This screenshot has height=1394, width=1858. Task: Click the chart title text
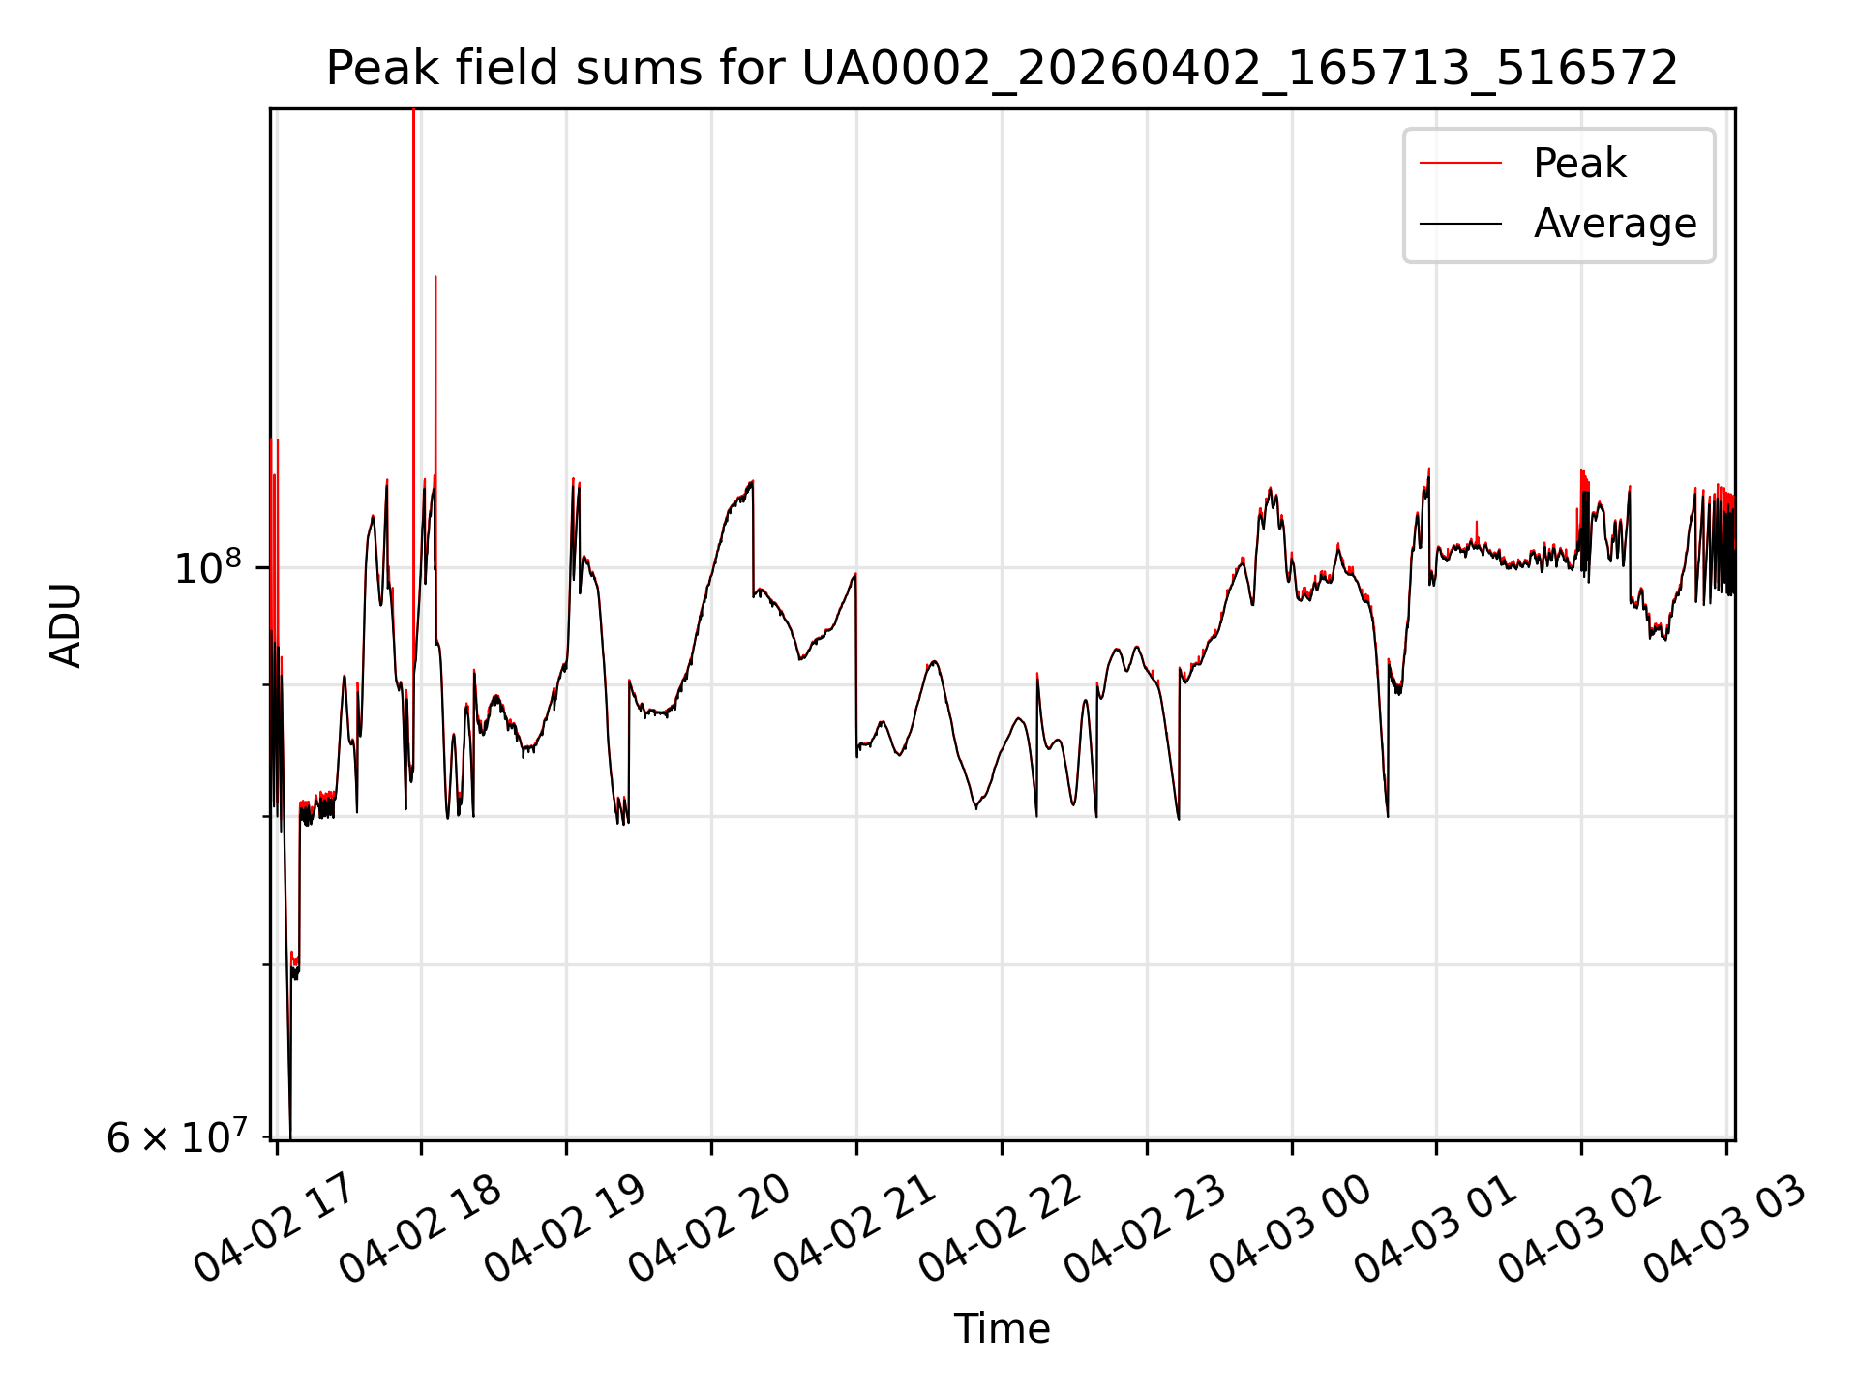click(1002, 69)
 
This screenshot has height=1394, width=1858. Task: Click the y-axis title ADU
click(66, 624)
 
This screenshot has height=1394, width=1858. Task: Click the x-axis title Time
click(1002, 1329)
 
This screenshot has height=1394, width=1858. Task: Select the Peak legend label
click(1579, 164)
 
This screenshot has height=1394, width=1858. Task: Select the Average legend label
click(1614, 224)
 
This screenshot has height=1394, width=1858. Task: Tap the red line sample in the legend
click(1460, 164)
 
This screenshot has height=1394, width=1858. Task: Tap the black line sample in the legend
click(1460, 224)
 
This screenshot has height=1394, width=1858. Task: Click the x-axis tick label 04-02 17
click(275, 1229)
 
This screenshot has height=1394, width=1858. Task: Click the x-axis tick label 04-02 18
click(420, 1229)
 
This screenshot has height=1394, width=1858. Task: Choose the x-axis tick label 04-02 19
click(565, 1229)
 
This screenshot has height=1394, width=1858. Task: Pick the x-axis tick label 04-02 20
click(710, 1229)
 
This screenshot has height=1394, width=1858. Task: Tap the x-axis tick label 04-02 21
click(855, 1229)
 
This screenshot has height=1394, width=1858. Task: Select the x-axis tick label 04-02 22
click(1001, 1229)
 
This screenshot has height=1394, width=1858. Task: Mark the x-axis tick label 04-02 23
click(1146, 1229)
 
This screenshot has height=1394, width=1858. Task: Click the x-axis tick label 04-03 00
click(1291, 1229)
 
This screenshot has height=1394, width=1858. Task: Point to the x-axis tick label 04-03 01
click(1435, 1229)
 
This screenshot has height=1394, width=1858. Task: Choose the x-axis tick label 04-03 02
click(1580, 1229)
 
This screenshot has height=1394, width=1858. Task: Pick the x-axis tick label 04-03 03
click(1725, 1229)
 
